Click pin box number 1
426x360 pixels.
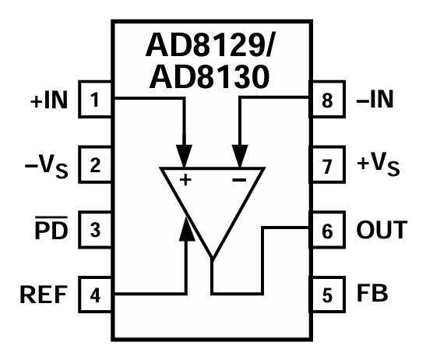point(95,101)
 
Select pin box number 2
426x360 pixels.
point(95,165)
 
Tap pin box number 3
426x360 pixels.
point(95,231)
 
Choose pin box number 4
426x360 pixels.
point(95,295)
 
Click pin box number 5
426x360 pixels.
point(328,295)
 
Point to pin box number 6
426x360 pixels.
point(328,231)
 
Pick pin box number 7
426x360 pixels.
point(328,165)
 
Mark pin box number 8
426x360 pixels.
point(328,101)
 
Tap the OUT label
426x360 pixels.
point(382,231)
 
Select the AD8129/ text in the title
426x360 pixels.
point(213,49)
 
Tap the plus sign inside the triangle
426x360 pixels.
point(185,180)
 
